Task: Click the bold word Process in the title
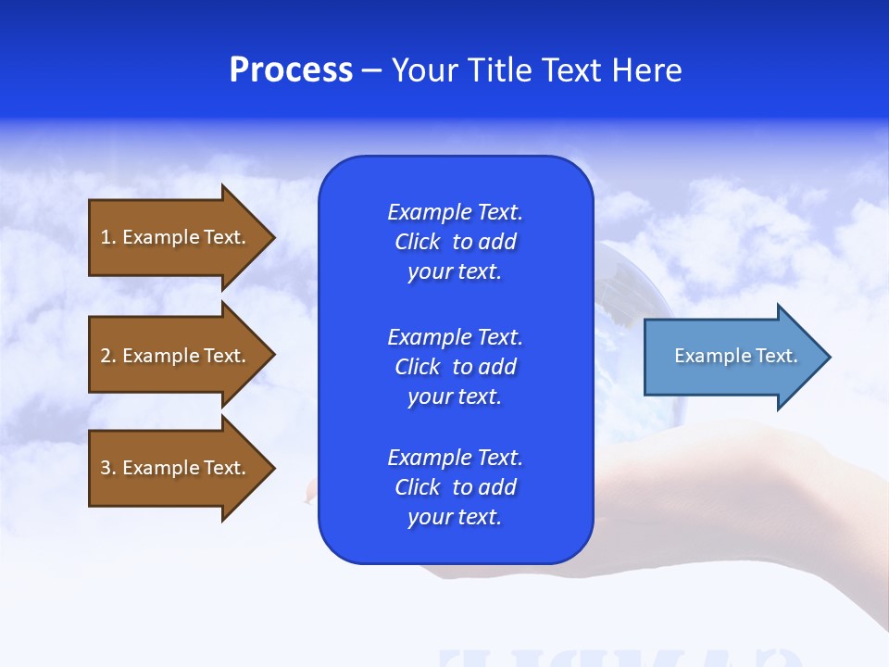[x=291, y=70]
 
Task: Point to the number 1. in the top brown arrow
[x=108, y=237]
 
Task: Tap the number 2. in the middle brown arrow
[x=108, y=356]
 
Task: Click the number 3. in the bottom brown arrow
[x=108, y=468]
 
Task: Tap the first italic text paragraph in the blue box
[x=455, y=242]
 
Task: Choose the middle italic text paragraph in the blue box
[x=455, y=367]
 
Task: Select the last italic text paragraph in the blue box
[x=455, y=487]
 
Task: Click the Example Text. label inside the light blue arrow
[x=735, y=356]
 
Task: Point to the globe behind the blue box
[x=630, y=306]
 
